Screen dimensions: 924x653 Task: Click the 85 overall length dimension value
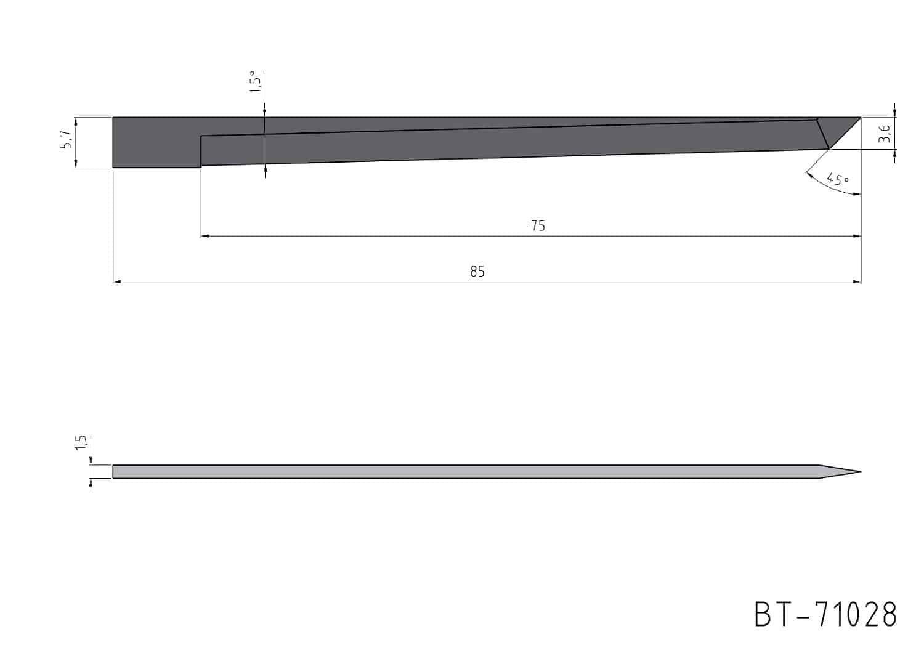[477, 272]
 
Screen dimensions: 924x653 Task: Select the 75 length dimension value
[538, 225]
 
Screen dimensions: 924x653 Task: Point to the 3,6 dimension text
[884, 133]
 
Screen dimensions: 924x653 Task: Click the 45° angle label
[837, 179]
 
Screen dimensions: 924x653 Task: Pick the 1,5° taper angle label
[256, 81]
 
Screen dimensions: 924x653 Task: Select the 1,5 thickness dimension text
[81, 442]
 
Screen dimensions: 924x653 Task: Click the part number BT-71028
[825, 615]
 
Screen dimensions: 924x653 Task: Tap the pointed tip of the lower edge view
[861, 471]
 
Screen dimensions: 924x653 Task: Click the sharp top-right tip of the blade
[861, 118]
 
